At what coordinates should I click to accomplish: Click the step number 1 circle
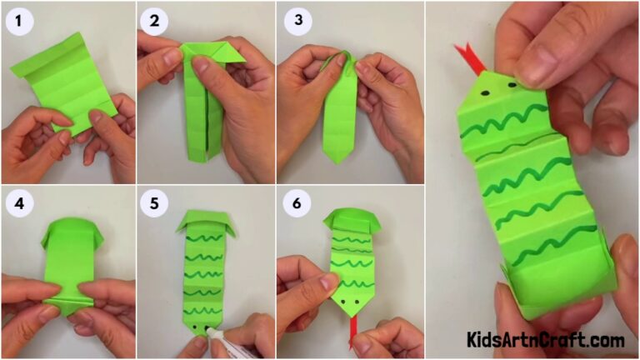click(x=19, y=21)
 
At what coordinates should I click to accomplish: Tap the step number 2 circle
click(x=156, y=21)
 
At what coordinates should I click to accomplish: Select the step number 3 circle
click(x=296, y=21)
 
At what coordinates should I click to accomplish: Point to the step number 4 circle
click(x=19, y=202)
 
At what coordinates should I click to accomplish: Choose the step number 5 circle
click(x=156, y=202)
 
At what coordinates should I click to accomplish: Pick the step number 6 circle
click(x=296, y=202)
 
